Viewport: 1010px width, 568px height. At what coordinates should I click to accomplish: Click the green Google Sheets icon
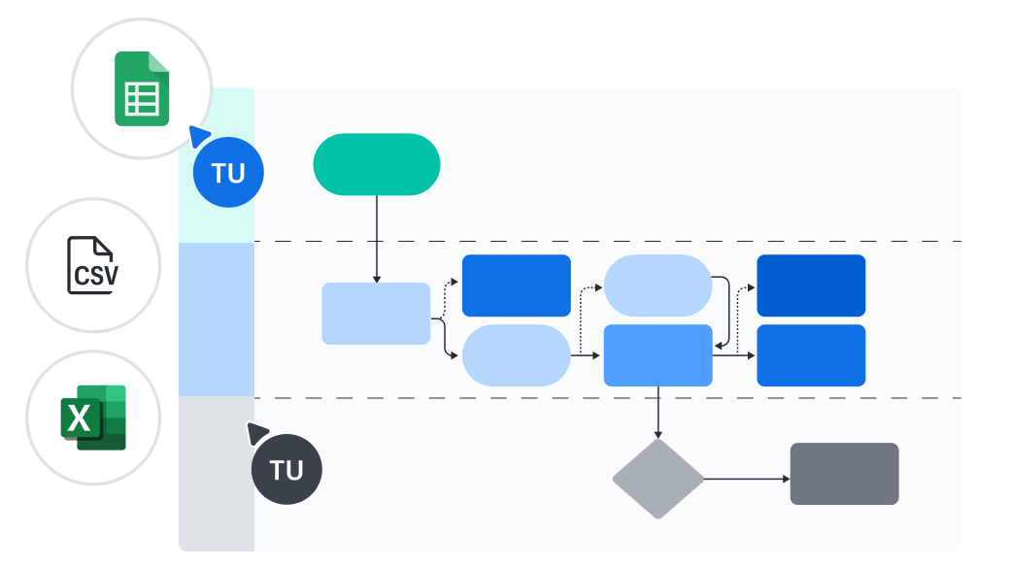point(142,88)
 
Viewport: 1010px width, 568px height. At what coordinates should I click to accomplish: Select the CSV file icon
point(93,265)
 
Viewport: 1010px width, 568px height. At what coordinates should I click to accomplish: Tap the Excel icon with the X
point(93,418)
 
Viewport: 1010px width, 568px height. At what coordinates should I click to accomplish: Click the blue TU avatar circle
point(228,173)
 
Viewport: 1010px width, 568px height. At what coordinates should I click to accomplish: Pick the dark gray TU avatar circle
point(286,470)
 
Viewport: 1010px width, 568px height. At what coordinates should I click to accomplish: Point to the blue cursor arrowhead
point(199,135)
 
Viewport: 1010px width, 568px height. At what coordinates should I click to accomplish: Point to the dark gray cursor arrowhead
point(257,432)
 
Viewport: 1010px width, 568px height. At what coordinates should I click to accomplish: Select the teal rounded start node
point(377,164)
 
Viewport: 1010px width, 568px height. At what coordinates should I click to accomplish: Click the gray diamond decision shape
point(658,479)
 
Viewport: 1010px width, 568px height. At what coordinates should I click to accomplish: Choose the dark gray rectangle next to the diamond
point(844,474)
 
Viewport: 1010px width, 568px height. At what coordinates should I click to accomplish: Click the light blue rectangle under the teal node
point(376,314)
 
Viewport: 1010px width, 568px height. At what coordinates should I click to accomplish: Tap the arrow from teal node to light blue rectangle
point(377,239)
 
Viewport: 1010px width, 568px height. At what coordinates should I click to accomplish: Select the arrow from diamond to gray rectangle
point(746,479)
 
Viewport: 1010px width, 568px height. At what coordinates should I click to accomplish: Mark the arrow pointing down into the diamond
point(658,413)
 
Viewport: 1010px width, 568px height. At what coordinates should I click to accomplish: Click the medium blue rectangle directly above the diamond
point(658,355)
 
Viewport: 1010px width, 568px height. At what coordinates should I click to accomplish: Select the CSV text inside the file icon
point(96,275)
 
